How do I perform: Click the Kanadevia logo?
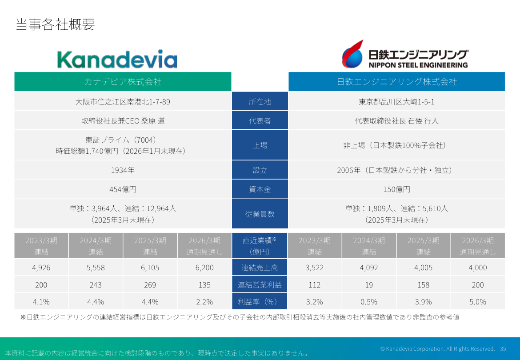[x=117, y=60]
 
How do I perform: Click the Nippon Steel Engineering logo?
[x=404, y=54]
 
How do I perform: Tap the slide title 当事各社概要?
[x=55, y=24]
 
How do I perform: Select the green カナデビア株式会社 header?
[x=123, y=82]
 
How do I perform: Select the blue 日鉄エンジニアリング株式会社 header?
[x=396, y=82]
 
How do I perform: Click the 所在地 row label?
[x=260, y=102]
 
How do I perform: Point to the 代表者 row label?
[x=260, y=121]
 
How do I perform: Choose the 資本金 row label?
[x=260, y=189]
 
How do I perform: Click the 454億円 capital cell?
[x=123, y=189]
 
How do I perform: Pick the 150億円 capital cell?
[x=396, y=189]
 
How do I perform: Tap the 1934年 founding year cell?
[x=123, y=170]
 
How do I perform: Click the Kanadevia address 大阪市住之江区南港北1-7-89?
[x=123, y=102]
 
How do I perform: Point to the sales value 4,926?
[x=41, y=268]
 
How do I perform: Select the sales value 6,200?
[x=204, y=268]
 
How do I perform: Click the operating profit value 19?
[x=369, y=285]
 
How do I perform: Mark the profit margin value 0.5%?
[x=369, y=302]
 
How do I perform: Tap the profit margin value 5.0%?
[x=478, y=302]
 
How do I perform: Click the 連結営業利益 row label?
[x=260, y=285]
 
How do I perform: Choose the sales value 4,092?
[x=369, y=268]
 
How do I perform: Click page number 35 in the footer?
[x=503, y=348]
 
